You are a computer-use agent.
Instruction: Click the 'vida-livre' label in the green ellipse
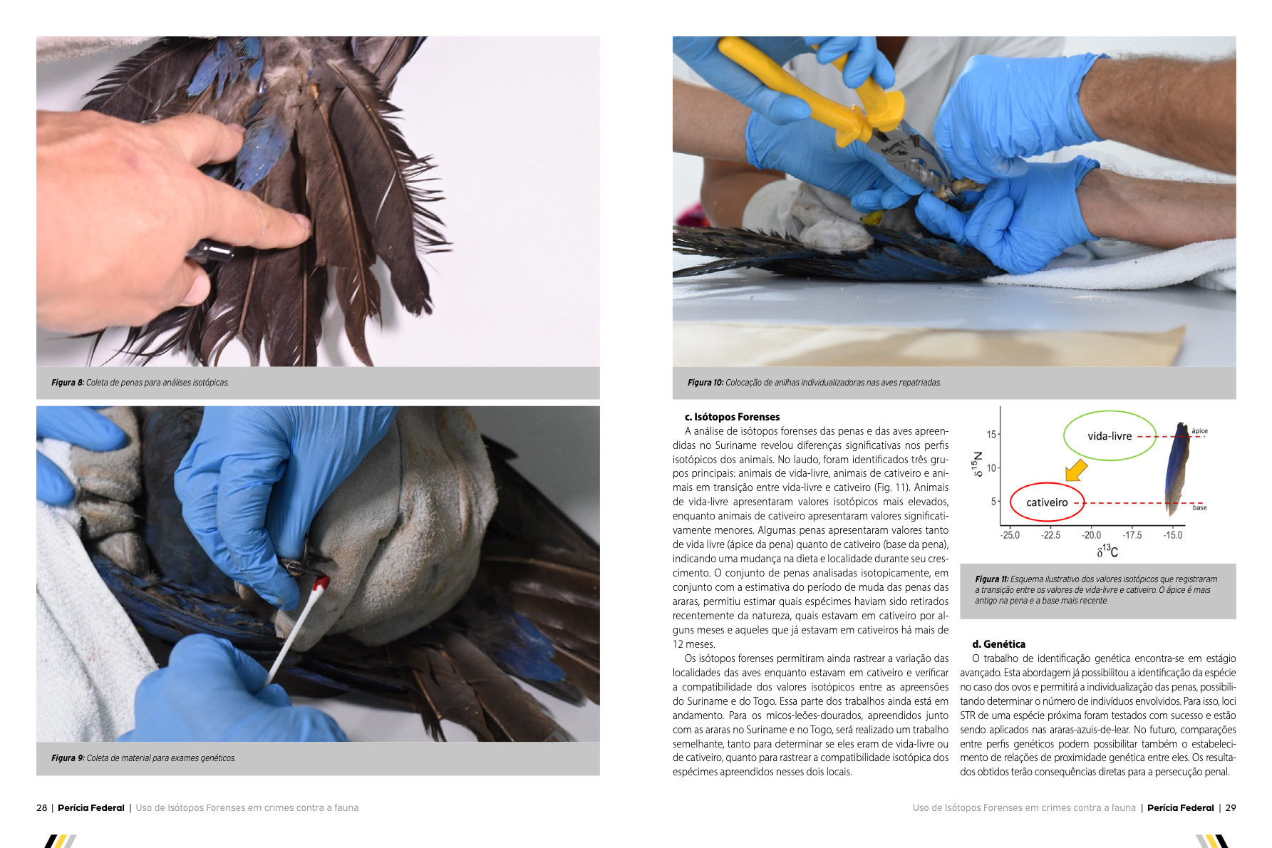tap(1110, 436)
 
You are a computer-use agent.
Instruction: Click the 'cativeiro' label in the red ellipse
tap(1047, 502)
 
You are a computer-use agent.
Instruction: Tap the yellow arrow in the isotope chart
tap(1076, 470)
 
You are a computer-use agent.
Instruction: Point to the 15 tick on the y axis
tap(991, 434)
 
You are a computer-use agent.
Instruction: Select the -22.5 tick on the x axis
tap(1050, 535)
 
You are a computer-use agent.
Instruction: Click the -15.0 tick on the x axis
tap(1172, 535)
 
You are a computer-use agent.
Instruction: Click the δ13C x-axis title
tap(1107, 551)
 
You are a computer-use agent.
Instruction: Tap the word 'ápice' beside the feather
tap(1199, 430)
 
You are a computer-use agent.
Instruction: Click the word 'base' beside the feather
tap(1200, 507)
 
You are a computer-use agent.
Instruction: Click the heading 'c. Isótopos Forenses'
tap(732, 417)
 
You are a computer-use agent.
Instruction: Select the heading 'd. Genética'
tap(998, 644)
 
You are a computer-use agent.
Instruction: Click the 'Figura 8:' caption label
tap(68, 383)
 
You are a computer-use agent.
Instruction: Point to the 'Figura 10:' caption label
tap(705, 383)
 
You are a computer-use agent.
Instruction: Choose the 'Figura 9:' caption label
tap(68, 758)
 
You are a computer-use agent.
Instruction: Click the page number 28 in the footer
tap(42, 808)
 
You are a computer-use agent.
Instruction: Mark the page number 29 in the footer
tap(1231, 808)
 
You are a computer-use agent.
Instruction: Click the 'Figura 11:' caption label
tap(992, 579)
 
